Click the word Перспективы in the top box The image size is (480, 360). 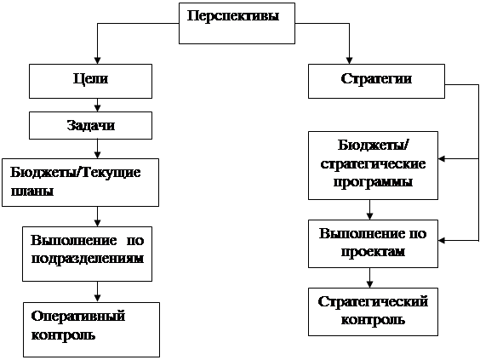(233, 16)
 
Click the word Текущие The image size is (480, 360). (111, 173)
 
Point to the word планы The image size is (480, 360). (32, 191)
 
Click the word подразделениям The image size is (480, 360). (88, 259)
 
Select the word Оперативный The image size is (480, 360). (78, 317)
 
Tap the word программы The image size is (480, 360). (373, 182)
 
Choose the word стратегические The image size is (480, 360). (373, 164)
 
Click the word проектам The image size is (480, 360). (373, 252)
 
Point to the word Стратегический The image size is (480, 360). (373, 302)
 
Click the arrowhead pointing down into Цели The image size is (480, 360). (97, 60)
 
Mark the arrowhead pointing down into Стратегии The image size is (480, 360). (349, 60)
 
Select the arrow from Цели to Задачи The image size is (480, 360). (97, 105)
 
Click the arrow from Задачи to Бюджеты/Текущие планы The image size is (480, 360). (97, 149)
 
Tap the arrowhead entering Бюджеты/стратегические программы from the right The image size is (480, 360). (442, 159)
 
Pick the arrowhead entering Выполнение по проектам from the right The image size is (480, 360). (442, 241)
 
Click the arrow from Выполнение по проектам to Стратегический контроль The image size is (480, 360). (370, 278)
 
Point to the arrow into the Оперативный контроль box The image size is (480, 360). (97, 292)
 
